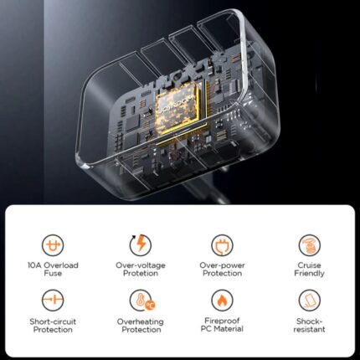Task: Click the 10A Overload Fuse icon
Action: pos(53,245)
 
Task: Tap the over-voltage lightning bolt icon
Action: pos(141,244)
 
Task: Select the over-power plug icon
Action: pos(222,245)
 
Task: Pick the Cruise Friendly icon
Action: pos(309,245)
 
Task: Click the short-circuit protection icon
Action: pos(53,301)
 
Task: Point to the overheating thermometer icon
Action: pos(141,301)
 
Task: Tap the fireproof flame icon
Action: pos(222,301)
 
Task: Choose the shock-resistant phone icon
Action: pos(309,301)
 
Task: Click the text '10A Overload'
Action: pos(53,265)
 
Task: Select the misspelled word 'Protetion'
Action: pos(141,273)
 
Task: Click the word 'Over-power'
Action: pos(222,265)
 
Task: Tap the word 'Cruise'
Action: pos(309,265)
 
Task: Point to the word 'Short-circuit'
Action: pos(53,321)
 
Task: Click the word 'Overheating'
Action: pos(141,321)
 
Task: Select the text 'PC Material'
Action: pos(222,329)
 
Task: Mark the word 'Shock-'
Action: pos(309,321)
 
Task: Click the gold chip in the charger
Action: pos(177,110)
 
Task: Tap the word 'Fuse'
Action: pos(53,273)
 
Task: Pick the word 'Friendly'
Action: pos(309,273)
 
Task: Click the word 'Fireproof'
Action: pos(222,321)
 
